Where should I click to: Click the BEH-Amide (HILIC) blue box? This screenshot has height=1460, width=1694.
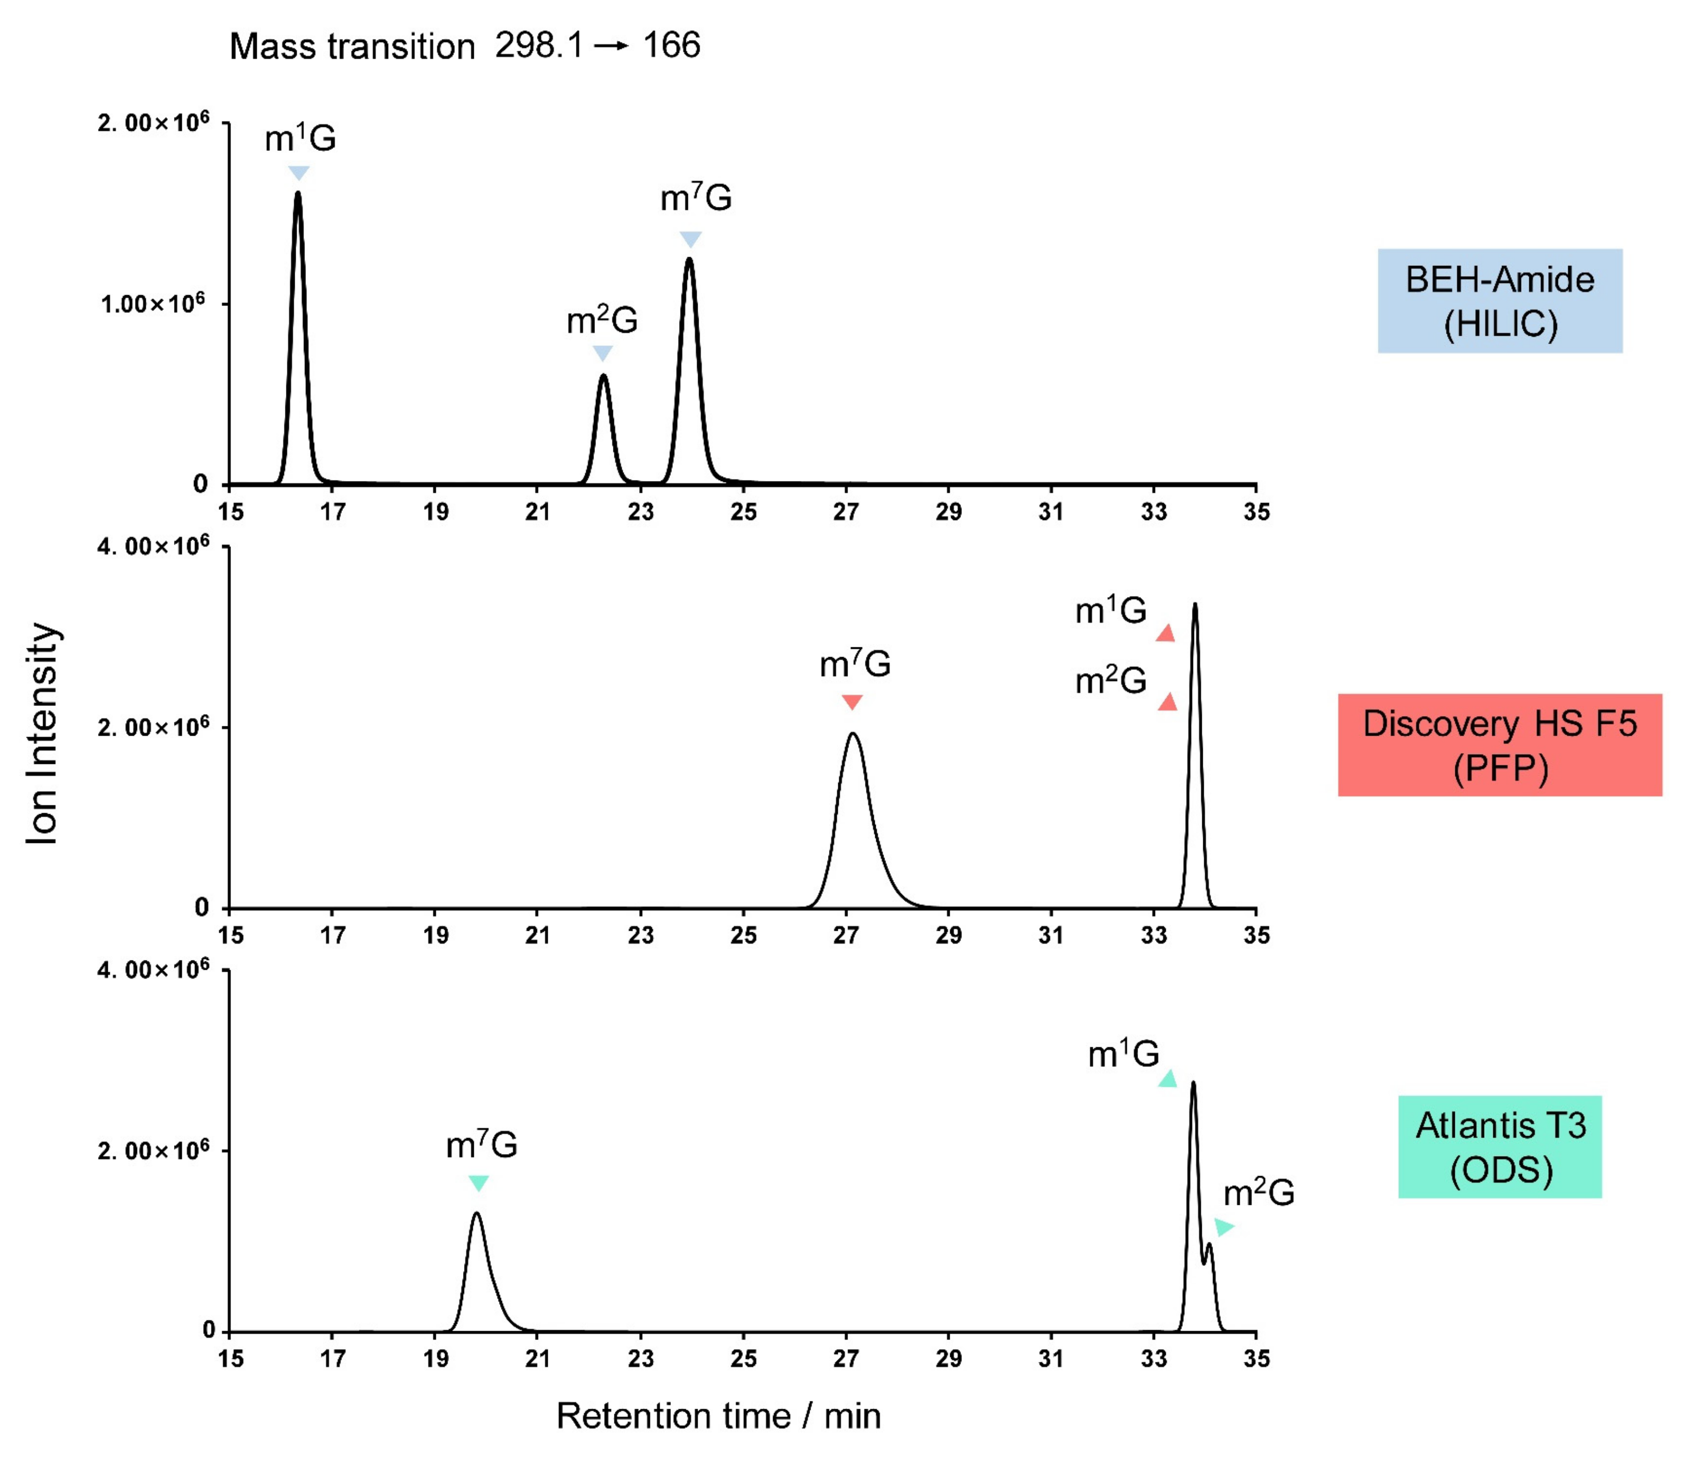coord(1499,301)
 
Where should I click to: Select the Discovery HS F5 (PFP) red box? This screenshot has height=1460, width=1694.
coord(1499,745)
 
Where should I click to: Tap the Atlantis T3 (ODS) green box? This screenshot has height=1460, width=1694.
coord(1499,1147)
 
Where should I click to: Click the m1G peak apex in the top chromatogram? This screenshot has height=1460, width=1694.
coord(298,194)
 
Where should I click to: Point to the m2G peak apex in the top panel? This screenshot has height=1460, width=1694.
coord(603,376)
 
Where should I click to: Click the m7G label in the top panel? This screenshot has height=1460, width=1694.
coord(696,198)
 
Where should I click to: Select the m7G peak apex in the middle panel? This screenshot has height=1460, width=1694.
coord(853,734)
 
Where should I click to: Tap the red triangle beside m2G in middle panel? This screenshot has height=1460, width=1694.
coord(1167,701)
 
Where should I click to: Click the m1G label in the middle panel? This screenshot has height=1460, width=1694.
coord(1110,611)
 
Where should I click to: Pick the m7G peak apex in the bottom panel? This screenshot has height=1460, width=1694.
coord(477,1214)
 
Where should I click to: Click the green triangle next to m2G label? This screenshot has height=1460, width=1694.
coord(1223,1226)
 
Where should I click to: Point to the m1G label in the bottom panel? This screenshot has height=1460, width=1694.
coord(1123,1054)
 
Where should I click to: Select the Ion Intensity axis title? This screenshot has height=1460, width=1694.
coord(43,733)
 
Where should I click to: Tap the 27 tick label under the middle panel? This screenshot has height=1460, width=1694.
coord(845,935)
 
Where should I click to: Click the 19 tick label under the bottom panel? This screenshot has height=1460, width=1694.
coord(435,1359)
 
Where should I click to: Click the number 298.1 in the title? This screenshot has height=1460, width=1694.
coord(539,45)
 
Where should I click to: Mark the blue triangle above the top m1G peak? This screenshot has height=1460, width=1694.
coord(299,172)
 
